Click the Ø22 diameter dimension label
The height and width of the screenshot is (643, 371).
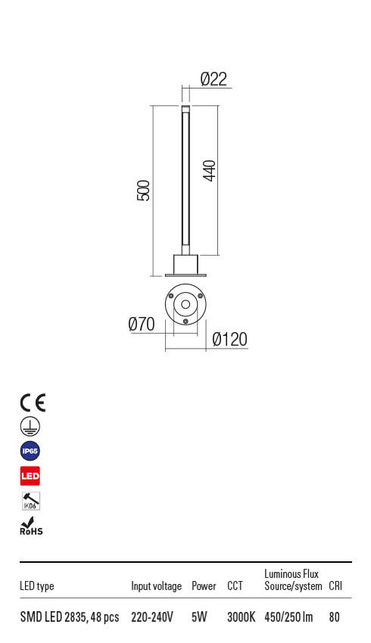click(x=214, y=79)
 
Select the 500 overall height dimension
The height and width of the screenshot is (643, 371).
click(x=143, y=190)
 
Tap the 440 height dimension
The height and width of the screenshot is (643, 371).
click(x=210, y=170)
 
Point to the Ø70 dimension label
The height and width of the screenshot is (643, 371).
click(x=142, y=325)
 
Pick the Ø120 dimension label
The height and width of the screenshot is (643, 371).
click(x=229, y=340)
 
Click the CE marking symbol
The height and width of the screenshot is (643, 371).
click(x=33, y=402)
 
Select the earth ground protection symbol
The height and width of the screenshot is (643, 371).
click(x=30, y=427)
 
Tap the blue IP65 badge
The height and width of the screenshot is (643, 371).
click(x=30, y=452)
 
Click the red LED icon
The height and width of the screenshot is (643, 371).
click(x=30, y=476)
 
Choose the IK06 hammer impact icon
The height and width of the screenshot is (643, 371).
click(x=30, y=501)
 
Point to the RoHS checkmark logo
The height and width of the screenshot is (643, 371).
click(x=30, y=526)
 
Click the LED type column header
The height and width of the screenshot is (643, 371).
click(x=36, y=586)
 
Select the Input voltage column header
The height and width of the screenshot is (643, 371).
click(x=156, y=586)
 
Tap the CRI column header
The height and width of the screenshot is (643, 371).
click(x=335, y=586)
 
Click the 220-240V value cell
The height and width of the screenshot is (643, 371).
click(x=152, y=617)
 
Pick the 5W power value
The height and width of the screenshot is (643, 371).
click(x=199, y=617)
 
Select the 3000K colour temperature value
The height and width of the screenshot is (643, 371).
click(x=241, y=617)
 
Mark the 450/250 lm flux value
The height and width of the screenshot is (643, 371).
click(x=288, y=617)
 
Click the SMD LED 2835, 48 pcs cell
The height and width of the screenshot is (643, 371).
click(x=69, y=617)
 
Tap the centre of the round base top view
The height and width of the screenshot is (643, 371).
click(x=185, y=305)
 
